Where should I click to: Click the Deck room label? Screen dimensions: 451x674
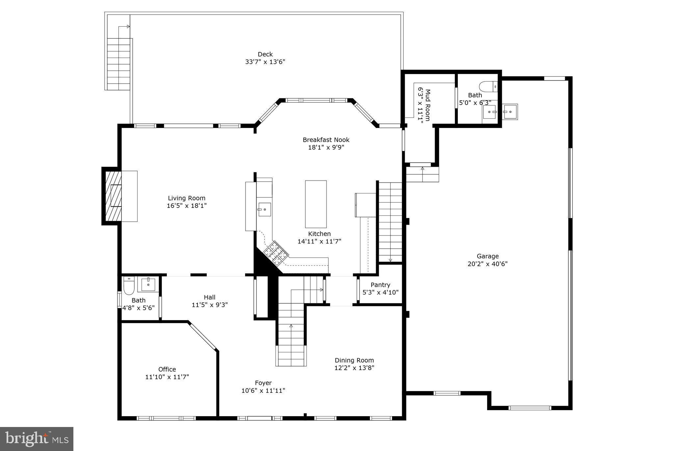click(265, 54)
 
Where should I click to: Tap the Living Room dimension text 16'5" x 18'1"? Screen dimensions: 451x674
click(187, 206)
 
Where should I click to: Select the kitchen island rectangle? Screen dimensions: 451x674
click(316, 204)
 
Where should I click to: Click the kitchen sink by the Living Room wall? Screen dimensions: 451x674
click(264, 210)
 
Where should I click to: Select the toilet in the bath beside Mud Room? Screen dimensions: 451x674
click(488, 87)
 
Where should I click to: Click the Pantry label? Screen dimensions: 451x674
click(380, 285)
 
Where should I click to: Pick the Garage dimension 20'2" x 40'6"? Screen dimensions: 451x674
click(487, 264)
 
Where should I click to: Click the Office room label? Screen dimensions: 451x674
click(167, 369)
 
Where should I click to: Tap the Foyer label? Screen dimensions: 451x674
click(263, 383)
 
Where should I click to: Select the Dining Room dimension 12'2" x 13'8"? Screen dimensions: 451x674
click(354, 368)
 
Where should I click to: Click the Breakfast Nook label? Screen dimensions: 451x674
click(326, 140)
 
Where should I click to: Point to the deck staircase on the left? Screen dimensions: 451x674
click(119, 64)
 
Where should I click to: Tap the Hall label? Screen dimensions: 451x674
click(209, 297)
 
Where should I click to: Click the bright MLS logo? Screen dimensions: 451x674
click(37, 439)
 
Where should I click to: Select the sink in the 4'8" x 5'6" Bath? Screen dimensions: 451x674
click(148, 284)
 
